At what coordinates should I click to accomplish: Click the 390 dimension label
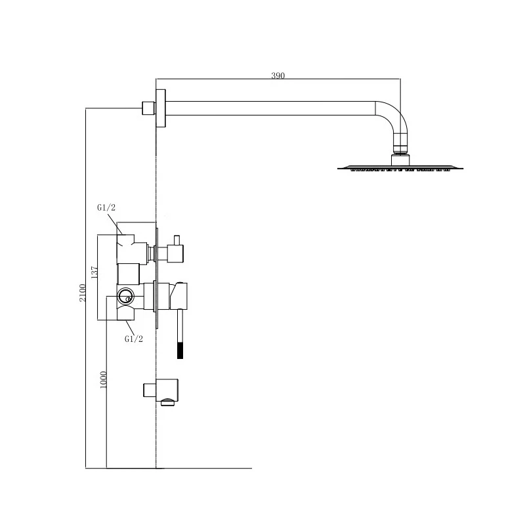pos(278,75)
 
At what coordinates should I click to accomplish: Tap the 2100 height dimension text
pos(83,293)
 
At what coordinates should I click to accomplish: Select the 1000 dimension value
pos(104,380)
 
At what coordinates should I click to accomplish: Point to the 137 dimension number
pos(94,272)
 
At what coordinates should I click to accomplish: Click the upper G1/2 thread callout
pos(106,207)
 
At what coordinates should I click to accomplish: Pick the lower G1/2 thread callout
pos(134,339)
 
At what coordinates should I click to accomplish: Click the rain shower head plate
pos(400,168)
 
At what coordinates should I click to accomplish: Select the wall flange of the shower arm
pos(161,108)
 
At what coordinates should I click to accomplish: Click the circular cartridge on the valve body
pos(125,296)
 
